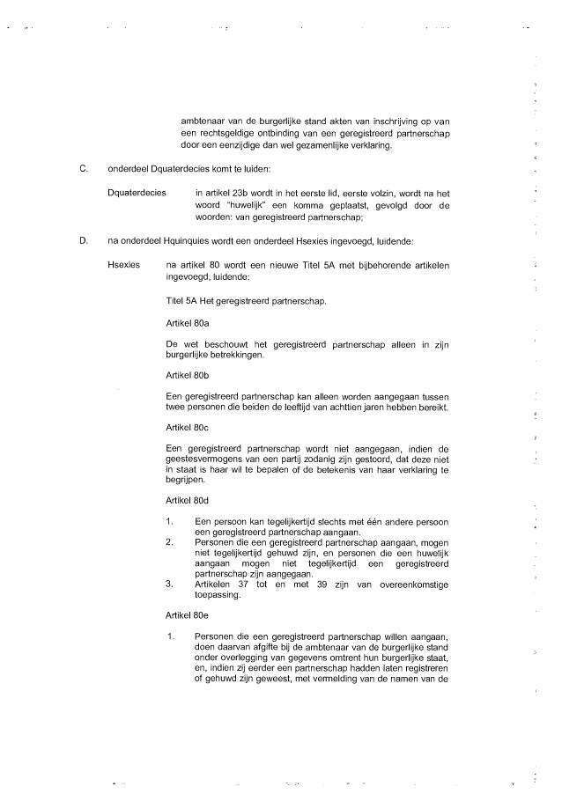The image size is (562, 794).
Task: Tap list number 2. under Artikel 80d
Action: [170, 543]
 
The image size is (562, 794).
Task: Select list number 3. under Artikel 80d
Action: [170, 584]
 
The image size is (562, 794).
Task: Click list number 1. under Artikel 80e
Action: [170, 636]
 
